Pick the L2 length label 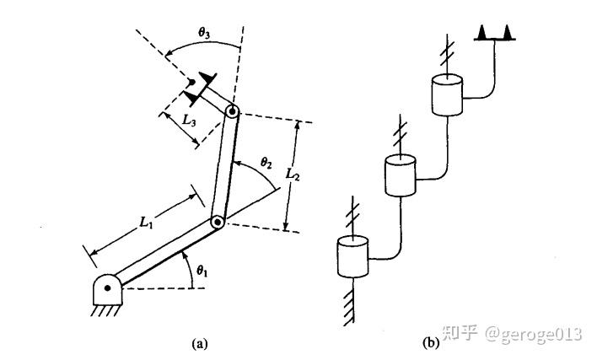[293, 175]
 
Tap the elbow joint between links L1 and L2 [217, 223]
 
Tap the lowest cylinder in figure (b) [353, 257]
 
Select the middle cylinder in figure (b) [401, 175]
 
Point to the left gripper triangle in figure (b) [482, 32]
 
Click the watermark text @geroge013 [533, 335]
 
